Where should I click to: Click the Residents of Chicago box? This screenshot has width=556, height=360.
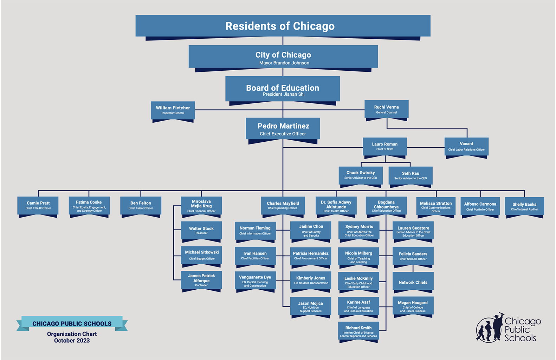283,26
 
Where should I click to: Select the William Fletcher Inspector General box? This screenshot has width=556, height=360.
173,110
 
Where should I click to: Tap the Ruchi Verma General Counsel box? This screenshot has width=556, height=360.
387,109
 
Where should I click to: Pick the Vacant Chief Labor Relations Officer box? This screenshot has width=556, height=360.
467,147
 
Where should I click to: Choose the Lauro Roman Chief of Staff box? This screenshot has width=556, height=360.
385,147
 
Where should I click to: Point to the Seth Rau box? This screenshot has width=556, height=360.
410,175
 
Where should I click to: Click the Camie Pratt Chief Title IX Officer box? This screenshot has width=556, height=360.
38,206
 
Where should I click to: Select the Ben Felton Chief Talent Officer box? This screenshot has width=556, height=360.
141,206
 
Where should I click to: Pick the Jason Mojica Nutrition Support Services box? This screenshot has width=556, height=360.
311,306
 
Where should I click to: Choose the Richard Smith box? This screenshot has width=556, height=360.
358,331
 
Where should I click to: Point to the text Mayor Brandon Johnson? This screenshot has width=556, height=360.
284,63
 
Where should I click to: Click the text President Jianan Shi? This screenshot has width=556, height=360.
284,94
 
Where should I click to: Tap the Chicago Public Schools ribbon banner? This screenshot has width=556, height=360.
72,323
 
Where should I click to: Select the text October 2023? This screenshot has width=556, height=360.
72,340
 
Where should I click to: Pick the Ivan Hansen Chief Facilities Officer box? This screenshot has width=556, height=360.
255,256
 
